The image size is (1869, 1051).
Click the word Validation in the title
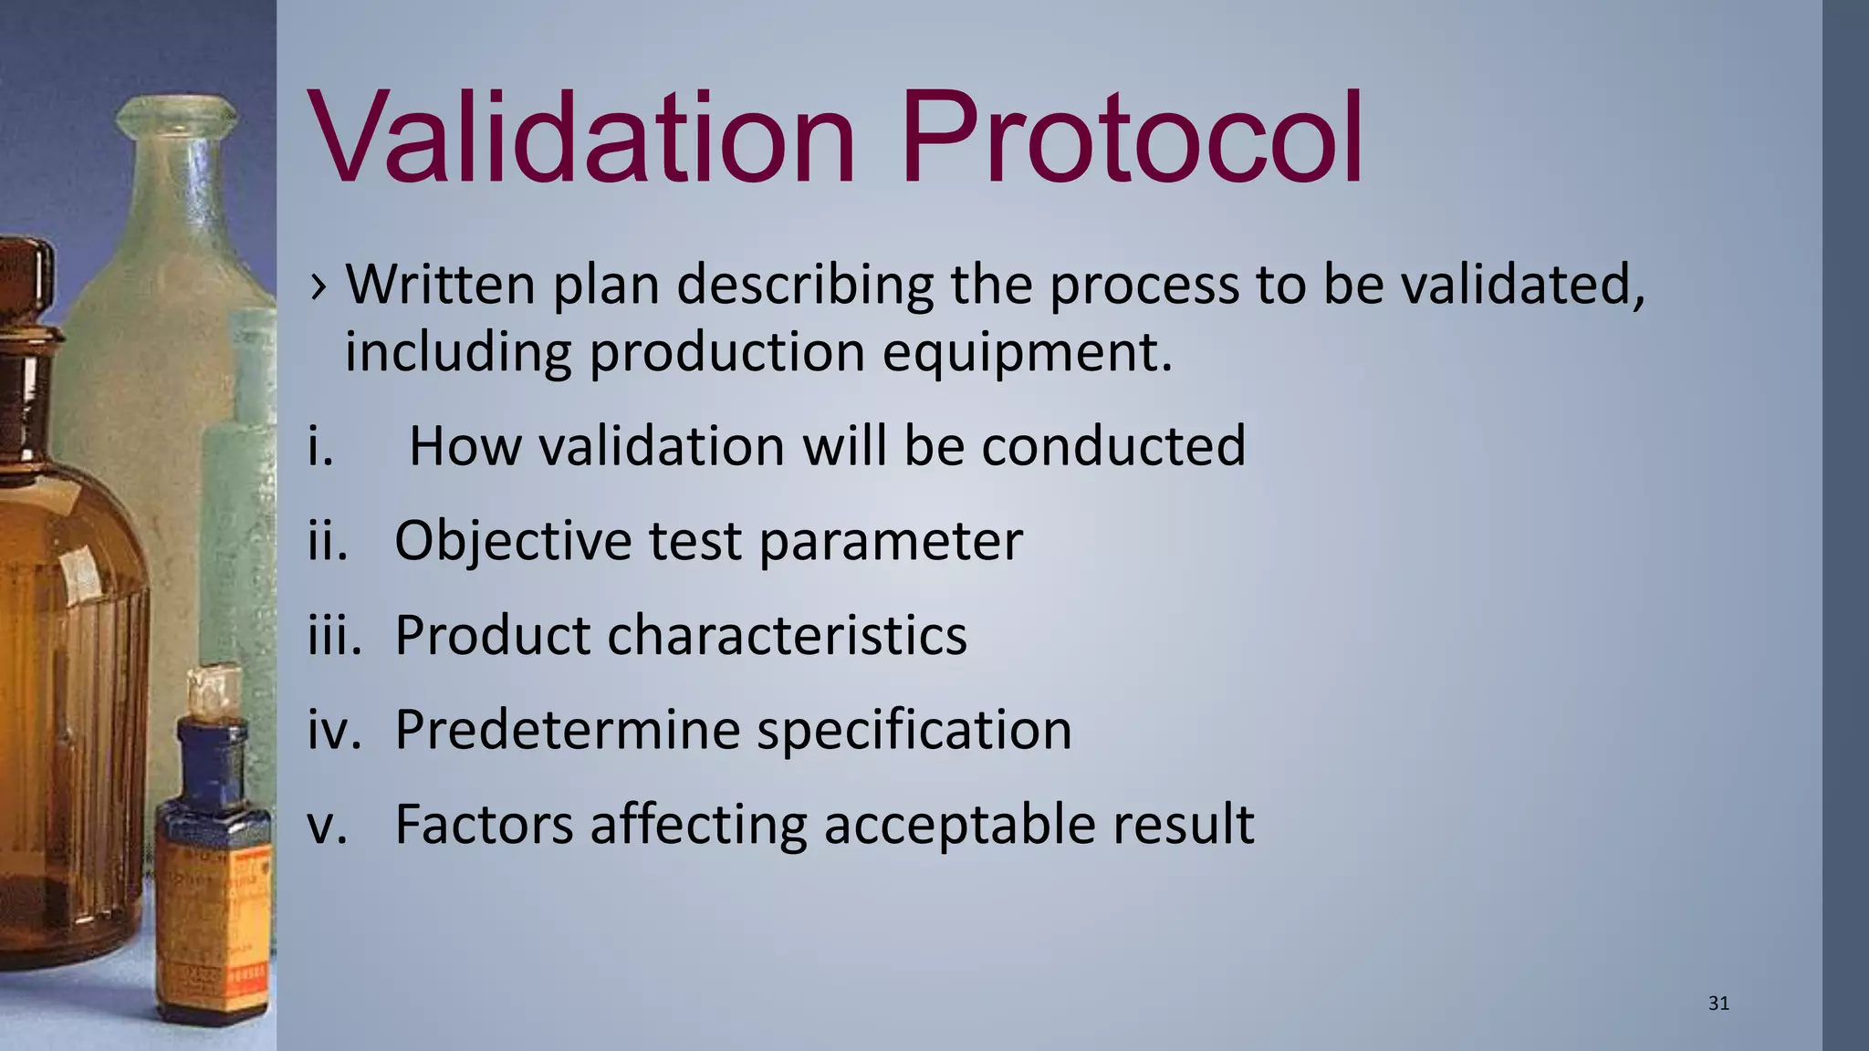point(582,139)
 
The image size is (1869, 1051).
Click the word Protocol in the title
point(1132,139)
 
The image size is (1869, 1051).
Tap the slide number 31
point(1718,1004)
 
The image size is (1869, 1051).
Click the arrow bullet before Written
point(318,286)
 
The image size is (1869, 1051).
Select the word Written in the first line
point(440,285)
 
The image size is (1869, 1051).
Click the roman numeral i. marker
point(320,447)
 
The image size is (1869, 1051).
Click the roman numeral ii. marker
point(328,542)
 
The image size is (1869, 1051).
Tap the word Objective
point(512,542)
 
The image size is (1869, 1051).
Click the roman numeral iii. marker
point(334,636)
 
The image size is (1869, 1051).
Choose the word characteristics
point(786,636)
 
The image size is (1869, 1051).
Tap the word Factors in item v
point(483,825)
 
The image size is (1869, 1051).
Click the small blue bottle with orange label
point(214,867)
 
